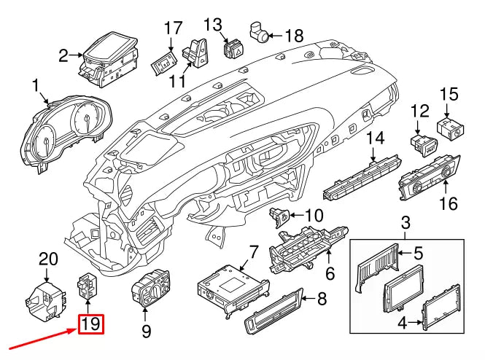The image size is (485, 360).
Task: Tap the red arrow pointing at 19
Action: pyautogui.click(x=40, y=337)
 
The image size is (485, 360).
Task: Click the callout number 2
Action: pyautogui.click(x=64, y=55)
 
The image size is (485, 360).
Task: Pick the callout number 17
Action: pyautogui.click(x=172, y=28)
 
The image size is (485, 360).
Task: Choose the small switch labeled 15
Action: pyautogui.click(x=450, y=128)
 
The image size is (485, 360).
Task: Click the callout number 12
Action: pyautogui.click(x=419, y=111)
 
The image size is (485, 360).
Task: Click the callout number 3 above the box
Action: pyautogui.click(x=407, y=222)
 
